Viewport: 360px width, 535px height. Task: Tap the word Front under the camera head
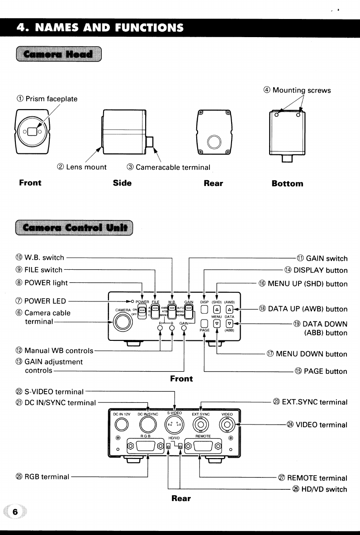coord(30,183)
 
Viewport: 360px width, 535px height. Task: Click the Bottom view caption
coord(287,183)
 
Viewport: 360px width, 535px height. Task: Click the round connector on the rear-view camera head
coord(213,142)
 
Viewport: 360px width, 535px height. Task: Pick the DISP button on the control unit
coord(204,310)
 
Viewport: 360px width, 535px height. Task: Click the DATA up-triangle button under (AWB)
coord(229,310)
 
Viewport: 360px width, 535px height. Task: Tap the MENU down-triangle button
coord(217,323)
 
